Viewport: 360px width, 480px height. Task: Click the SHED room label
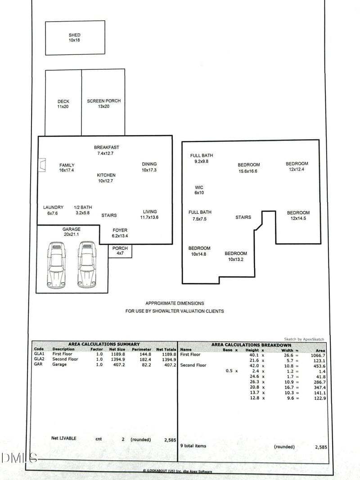(74, 37)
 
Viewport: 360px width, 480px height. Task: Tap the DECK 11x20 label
(63, 104)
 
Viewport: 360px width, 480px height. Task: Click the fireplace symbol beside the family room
(42, 165)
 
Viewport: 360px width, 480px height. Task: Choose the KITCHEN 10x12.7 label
(106, 178)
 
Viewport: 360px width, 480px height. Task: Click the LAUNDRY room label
(53, 210)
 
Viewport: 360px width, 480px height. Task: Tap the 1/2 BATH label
(83, 210)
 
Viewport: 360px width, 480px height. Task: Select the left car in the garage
(56, 265)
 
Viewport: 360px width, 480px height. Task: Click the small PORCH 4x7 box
(120, 251)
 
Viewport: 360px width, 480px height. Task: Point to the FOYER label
(120, 233)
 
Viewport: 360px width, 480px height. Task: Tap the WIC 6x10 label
(199, 190)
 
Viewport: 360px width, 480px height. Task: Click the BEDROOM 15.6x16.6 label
(248, 168)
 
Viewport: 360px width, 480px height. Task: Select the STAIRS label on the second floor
(243, 217)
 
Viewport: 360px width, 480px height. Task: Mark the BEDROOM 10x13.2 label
(235, 256)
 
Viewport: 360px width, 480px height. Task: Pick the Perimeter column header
(141, 349)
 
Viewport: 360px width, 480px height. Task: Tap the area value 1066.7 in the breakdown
(318, 355)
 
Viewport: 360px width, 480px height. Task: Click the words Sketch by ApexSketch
(304, 339)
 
